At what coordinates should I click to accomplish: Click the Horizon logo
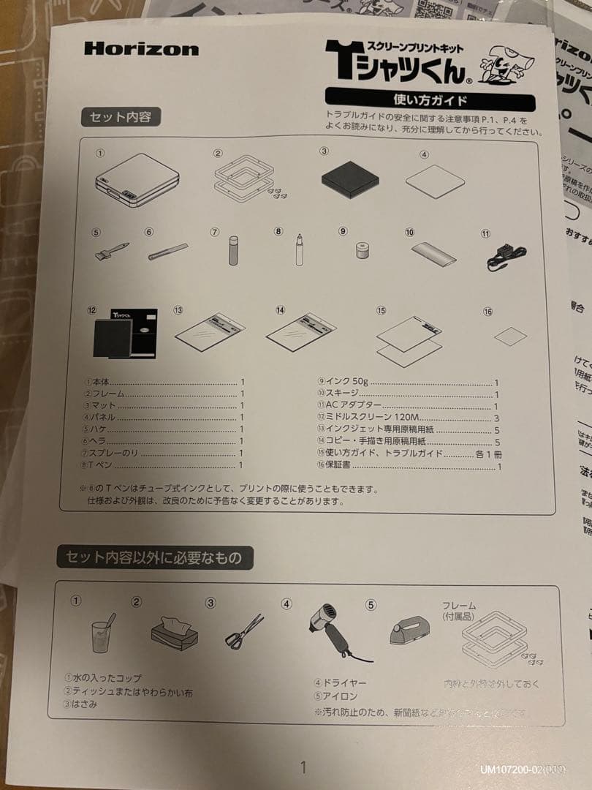(x=141, y=49)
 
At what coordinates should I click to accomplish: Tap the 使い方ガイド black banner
(x=430, y=99)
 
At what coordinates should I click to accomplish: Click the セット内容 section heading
(x=121, y=117)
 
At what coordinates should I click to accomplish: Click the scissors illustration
(x=244, y=631)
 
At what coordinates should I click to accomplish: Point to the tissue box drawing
(x=174, y=630)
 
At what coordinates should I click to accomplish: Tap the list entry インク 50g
(x=344, y=382)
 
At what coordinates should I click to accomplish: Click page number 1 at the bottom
(x=303, y=767)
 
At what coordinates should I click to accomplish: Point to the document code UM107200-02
(x=522, y=770)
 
